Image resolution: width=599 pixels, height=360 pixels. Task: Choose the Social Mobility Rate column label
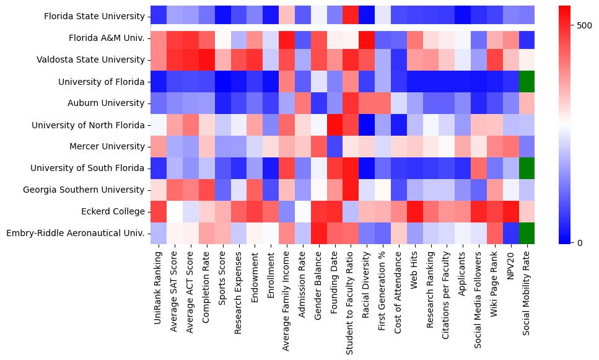click(528, 291)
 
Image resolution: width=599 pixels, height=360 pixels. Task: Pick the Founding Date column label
click(334, 282)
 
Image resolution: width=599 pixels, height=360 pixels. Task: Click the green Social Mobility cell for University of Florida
click(528, 82)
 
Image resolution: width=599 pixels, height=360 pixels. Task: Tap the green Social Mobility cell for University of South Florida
click(528, 168)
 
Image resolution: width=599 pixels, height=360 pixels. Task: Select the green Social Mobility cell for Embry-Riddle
click(528, 233)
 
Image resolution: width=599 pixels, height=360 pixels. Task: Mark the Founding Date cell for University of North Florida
click(334, 125)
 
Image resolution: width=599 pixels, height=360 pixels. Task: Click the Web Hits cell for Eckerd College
click(415, 211)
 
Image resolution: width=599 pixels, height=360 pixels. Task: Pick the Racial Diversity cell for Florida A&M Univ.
click(367, 38)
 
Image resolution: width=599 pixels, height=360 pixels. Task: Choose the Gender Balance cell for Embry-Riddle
click(318, 233)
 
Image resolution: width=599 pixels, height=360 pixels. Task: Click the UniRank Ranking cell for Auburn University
click(158, 103)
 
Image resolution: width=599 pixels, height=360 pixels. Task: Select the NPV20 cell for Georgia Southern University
click(512, 190)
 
